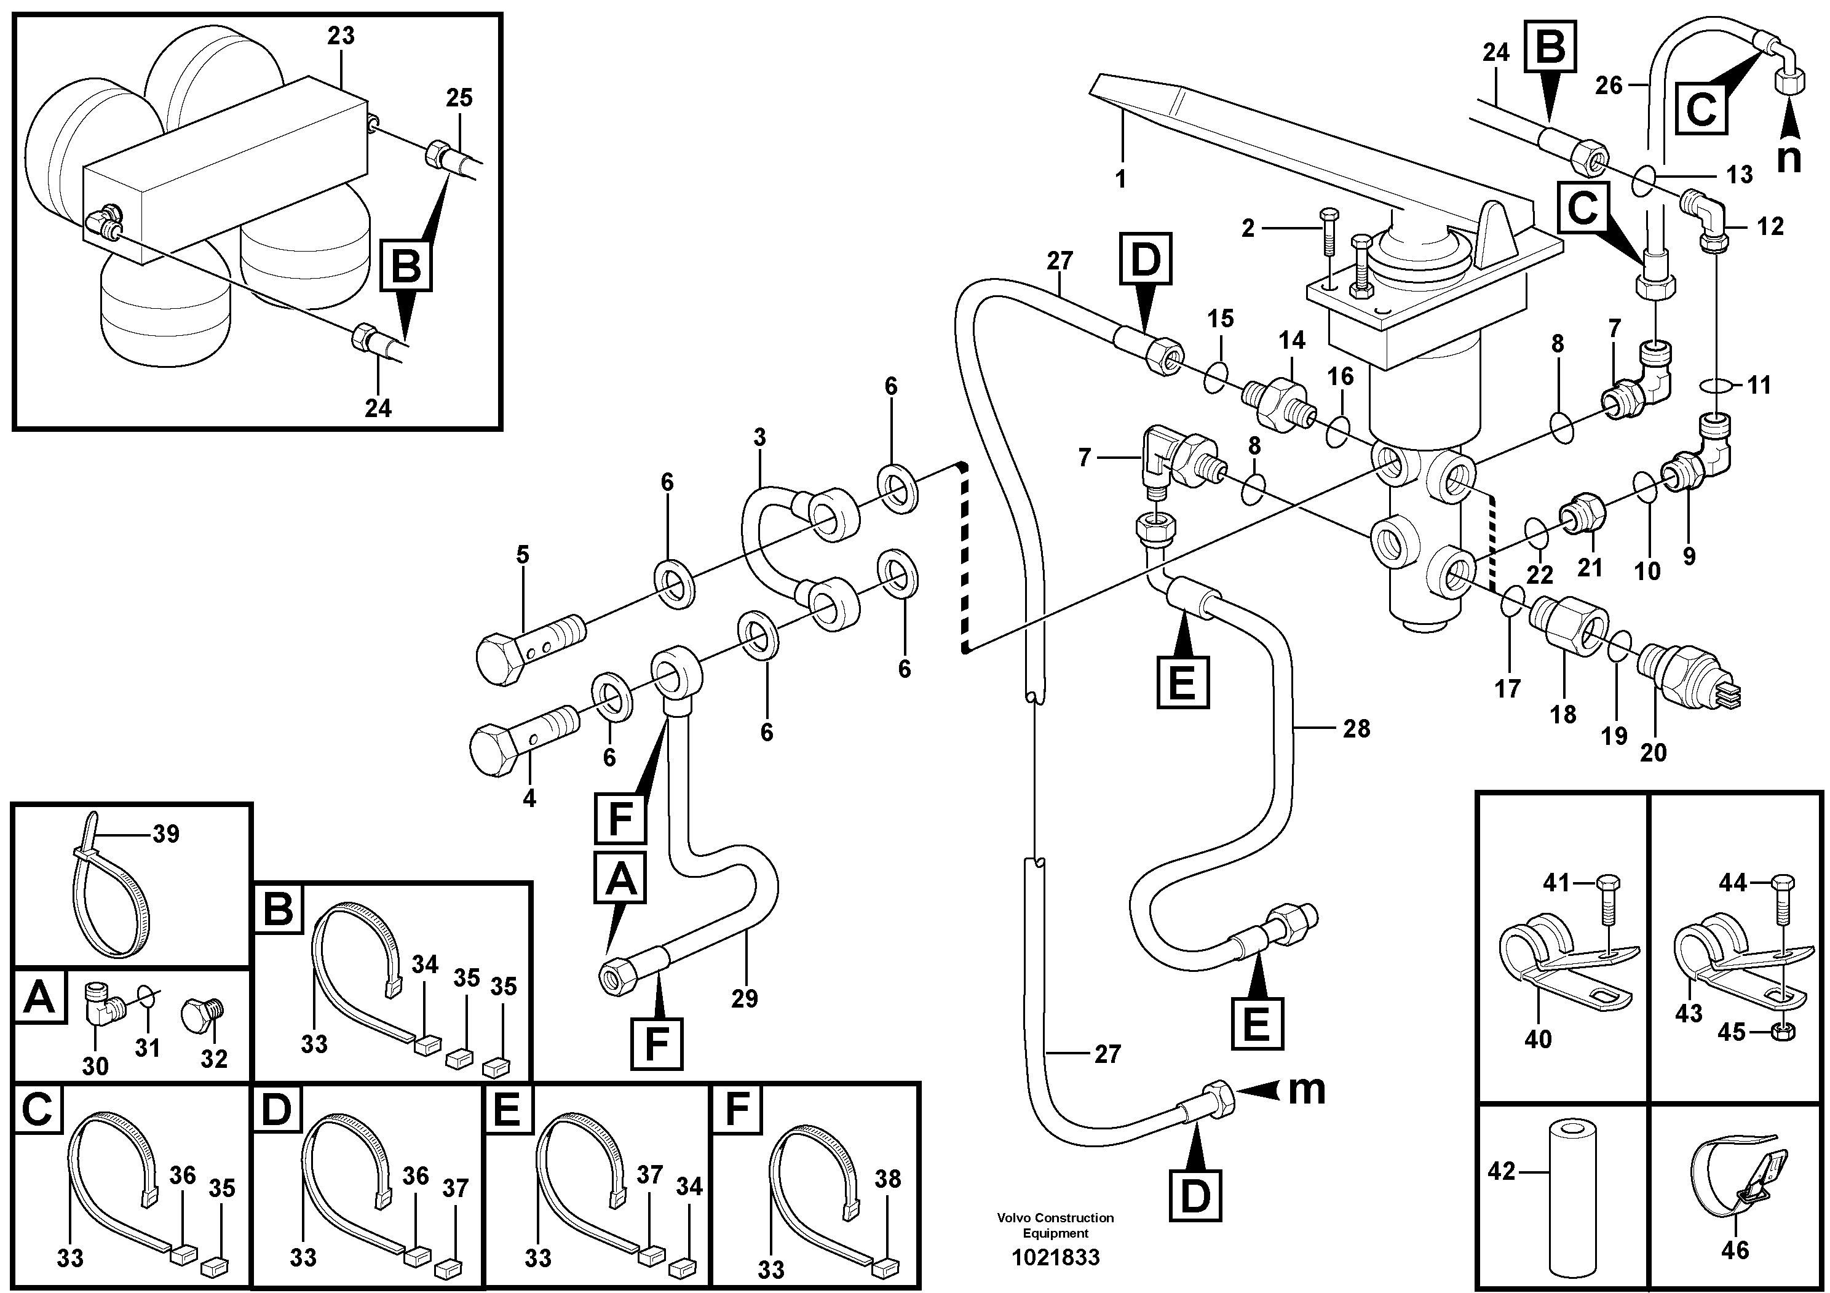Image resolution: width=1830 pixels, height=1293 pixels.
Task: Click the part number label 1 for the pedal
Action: (1120, 178)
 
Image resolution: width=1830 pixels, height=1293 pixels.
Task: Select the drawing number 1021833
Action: (1055, 1257)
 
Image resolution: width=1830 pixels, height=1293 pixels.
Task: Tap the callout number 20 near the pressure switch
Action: (1653, 752)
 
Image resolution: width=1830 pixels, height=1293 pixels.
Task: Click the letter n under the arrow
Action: (1789, 158)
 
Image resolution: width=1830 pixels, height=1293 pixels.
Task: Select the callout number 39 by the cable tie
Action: (166, 834)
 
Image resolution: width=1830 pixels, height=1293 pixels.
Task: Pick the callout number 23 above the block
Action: (340, 36)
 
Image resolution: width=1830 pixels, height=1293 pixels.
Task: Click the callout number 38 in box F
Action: (887, 1179)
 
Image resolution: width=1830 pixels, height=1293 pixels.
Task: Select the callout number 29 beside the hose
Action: (745, 998)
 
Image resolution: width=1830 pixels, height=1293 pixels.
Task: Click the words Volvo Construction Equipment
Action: (1055, 1225)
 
